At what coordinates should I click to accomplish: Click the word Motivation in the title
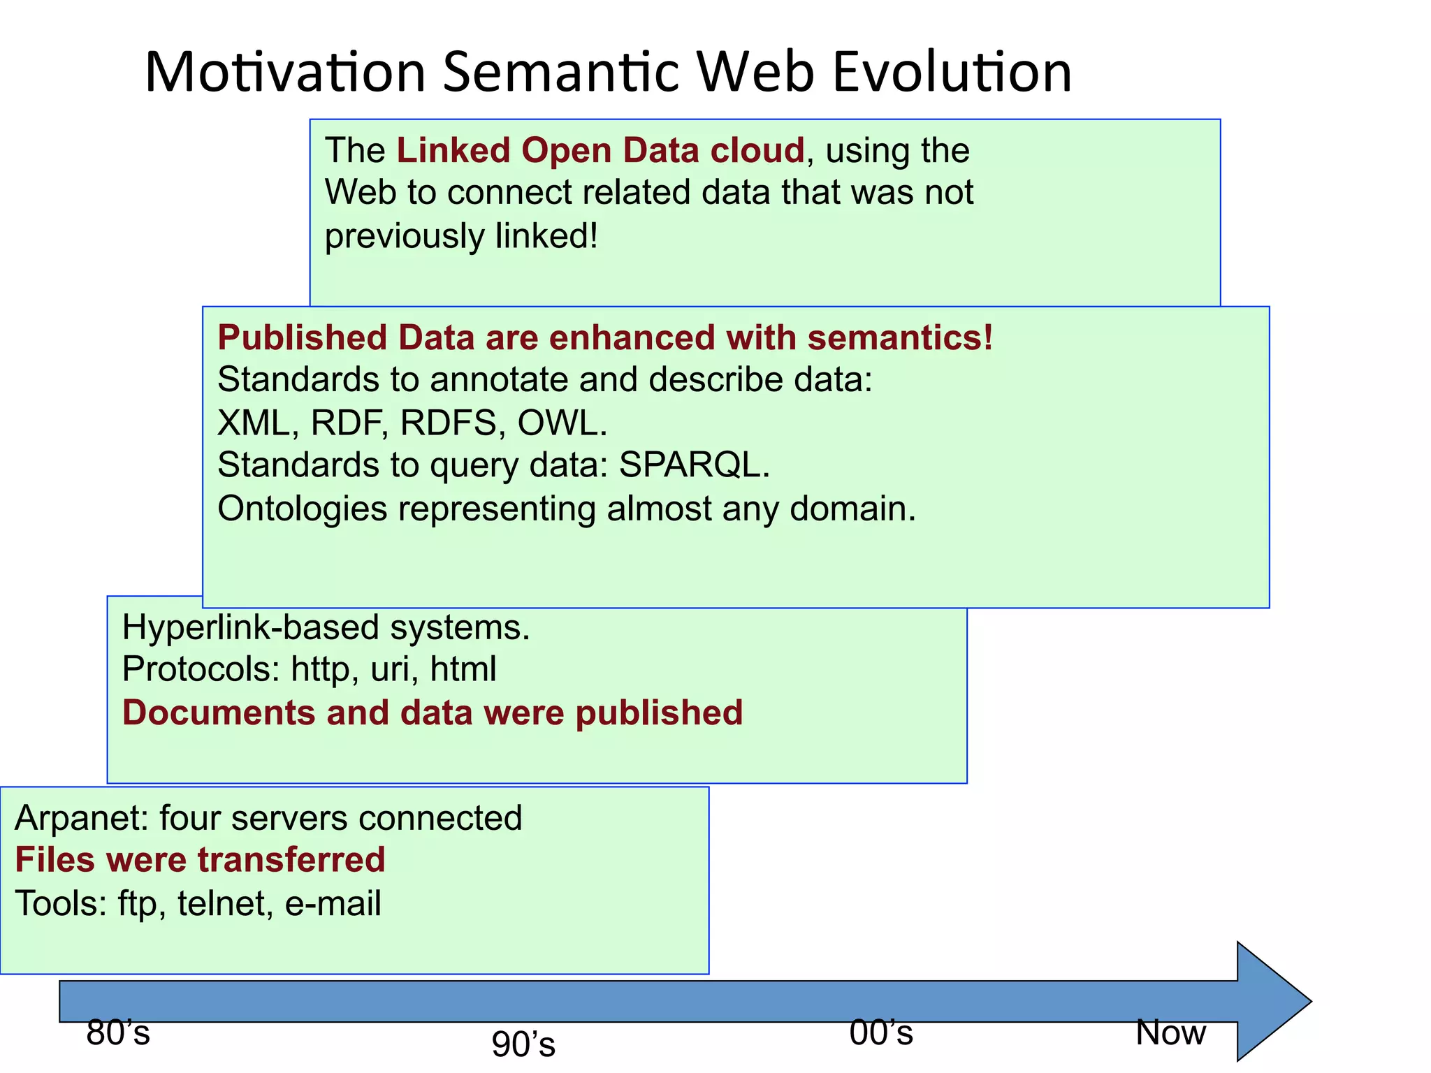pos(285,72)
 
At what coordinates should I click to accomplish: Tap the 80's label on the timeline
pos(118,1032)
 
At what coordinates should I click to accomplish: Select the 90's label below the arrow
pos(523,1045)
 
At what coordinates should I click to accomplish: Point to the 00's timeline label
pos(881,1032)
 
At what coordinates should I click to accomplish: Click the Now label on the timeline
pos(1171,1032)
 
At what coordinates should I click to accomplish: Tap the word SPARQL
pos(694,465)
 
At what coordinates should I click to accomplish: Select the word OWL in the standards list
pos(562,423)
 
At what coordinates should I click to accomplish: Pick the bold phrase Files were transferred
pos(200,860)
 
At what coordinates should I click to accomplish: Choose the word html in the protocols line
pos(463,669)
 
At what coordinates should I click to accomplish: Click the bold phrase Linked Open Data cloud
pos(600,151)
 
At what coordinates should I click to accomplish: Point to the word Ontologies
pos(302,509)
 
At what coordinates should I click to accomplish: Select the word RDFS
pos(448,423)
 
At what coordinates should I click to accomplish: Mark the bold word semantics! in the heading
pos(900,338)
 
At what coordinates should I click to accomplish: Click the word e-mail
pos(333,903)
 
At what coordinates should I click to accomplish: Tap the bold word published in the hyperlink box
pos(659,713)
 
